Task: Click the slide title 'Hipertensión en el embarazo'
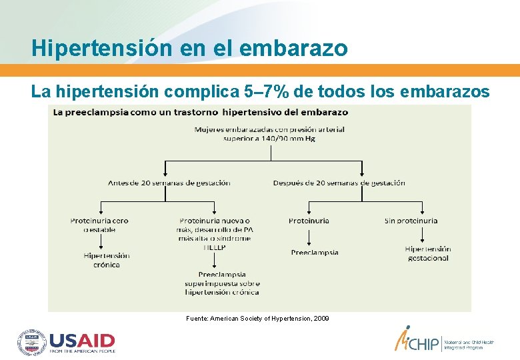point(189,48)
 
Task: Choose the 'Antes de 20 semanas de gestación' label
point(169,183)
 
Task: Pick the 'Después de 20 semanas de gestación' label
point(339,183)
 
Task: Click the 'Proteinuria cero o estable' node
point(99,225)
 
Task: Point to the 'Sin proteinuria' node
point(411,221)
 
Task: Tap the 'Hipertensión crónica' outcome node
point(106,260)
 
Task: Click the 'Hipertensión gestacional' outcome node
point(428,253)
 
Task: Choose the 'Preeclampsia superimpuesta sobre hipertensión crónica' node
point(222,283)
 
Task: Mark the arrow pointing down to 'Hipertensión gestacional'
point(422,235)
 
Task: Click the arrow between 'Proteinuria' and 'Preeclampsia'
point(309,237)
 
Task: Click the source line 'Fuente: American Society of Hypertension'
point(257,319)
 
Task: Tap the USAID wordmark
point(83,342)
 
